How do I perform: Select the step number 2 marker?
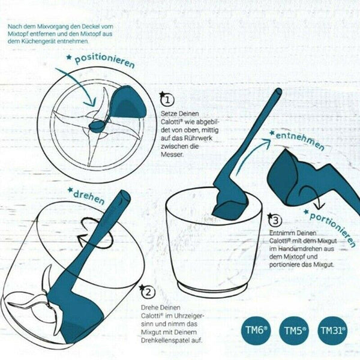(x=146, y=292)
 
